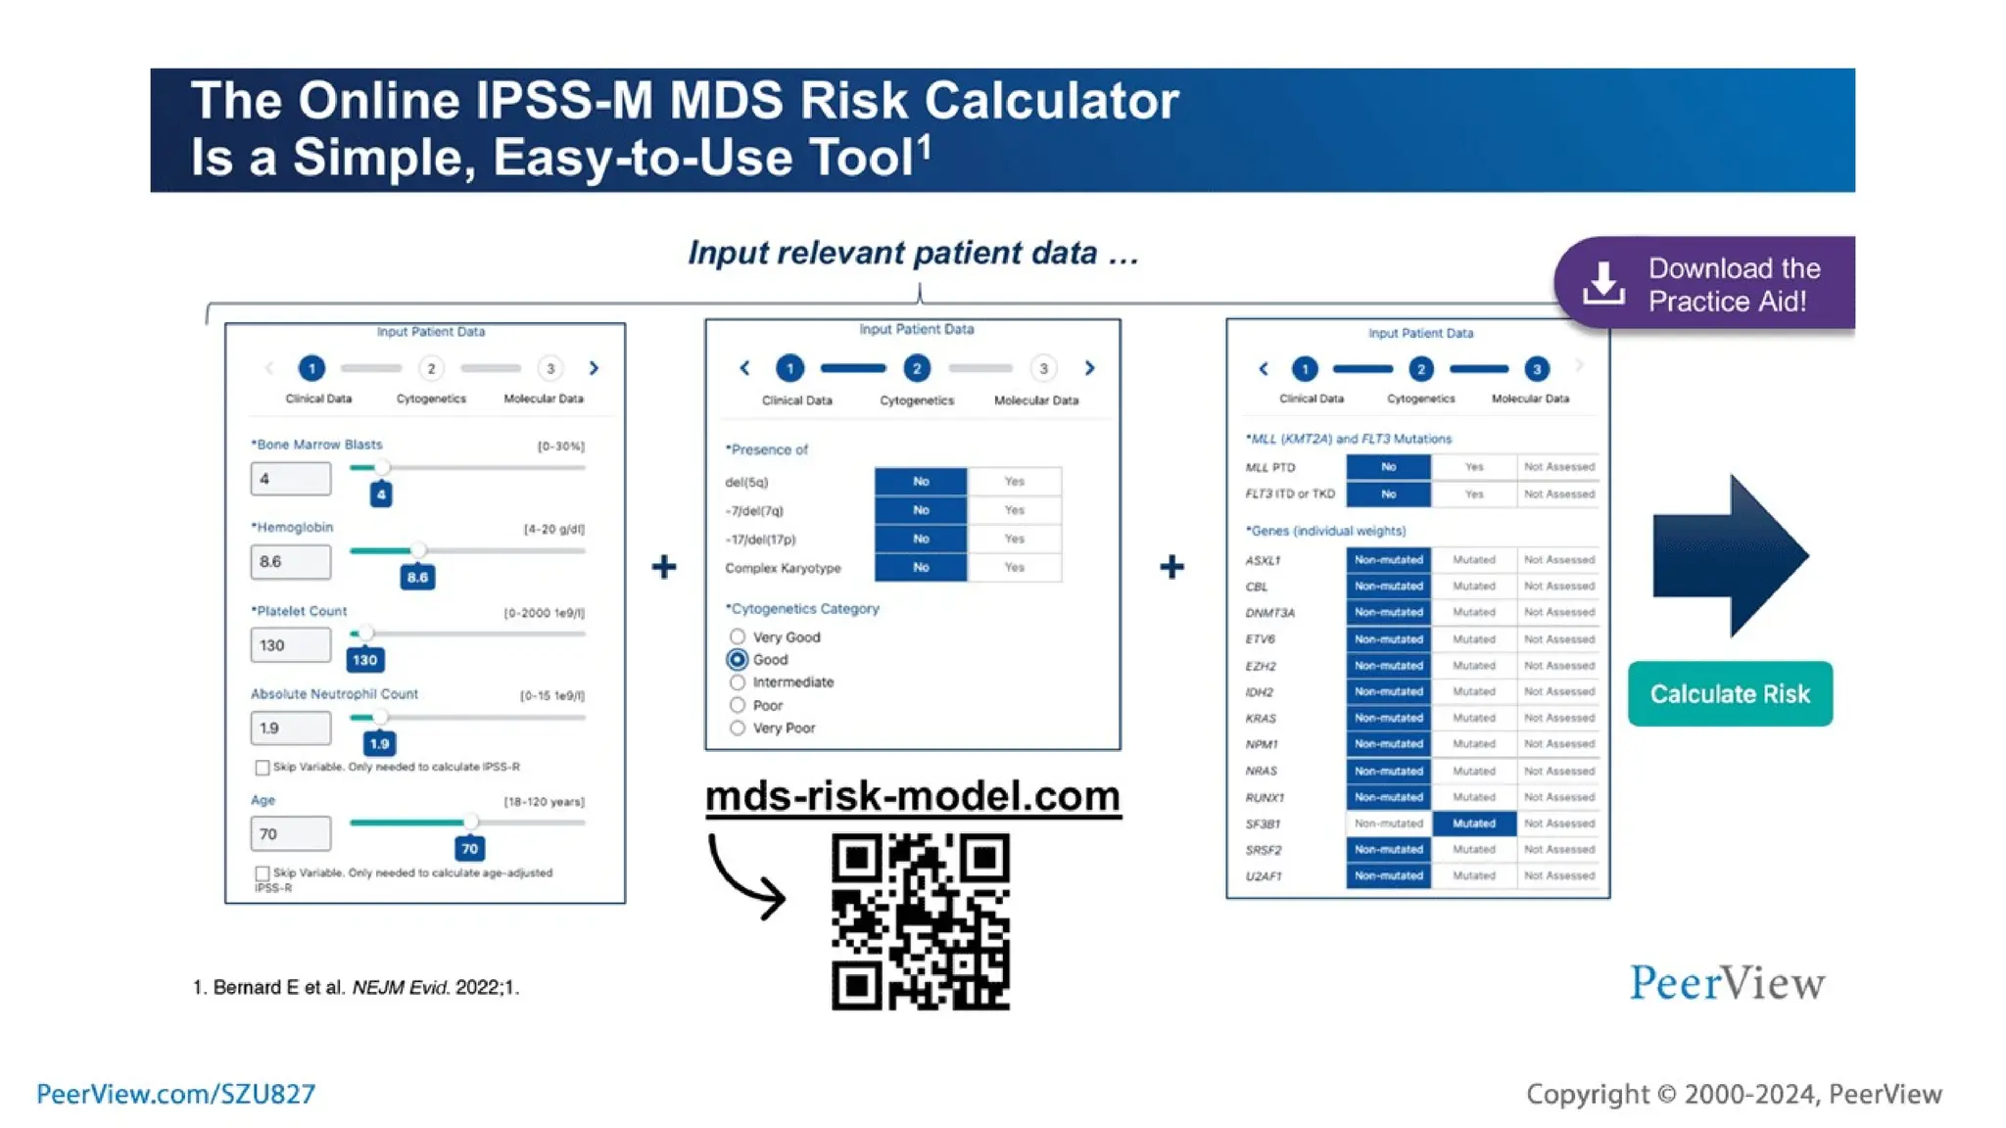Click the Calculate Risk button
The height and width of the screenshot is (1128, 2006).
pyautogui.click(x=1730, y=693)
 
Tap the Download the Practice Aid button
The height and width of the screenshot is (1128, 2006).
pyautogui.click(x=1704, y=284)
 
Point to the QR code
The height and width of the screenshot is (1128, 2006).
pyautogui.click(x=921, y=920)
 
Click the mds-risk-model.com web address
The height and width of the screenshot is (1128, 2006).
pyautogui.click(x=912, y=796)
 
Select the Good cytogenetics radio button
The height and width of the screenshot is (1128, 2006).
pyautogui.click(x=738, y=660)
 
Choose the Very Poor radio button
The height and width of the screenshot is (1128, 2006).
pyautogui.click(x=738, y=728)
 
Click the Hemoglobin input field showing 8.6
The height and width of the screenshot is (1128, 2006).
pyautogui.click(x=290, y=562)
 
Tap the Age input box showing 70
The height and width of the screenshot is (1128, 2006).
pyautogui.click(x=290, y=834)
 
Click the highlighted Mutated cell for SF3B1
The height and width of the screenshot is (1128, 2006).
pyautogui.click(x=1473, y=823)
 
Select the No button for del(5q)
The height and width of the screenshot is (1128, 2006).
pyautogui.click(x=921, y=482)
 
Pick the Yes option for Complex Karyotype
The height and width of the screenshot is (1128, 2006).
pyautogui.click(x=1014, y=568)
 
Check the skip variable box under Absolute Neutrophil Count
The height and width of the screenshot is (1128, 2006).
pyautogui.click(x=263, y=768)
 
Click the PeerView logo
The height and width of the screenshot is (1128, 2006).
pyautogui.click(x=1727, y=983)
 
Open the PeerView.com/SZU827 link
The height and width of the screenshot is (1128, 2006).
pyautogui.click(x=176, y=1094)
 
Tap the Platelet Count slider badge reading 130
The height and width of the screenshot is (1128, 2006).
pyautogui.click(x=365, y=660)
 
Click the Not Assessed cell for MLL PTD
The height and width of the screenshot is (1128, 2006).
pyautogui.click(x=1558, y=467)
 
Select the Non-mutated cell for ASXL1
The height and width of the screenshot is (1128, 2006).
pyautogui.click(x=1388, y=560)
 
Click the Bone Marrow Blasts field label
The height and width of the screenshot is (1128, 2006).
pyautogui.click(x=319, y=445)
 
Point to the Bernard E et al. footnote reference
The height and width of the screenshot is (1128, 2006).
pyautogui.click(x=356, y=987)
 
